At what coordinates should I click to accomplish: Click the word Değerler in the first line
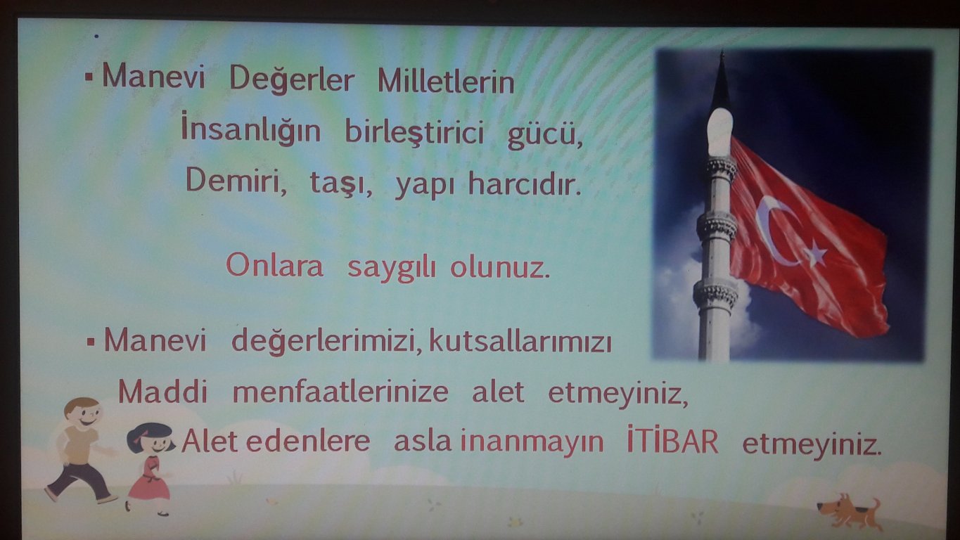pos(292,80)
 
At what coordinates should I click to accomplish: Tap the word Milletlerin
pos(446,82)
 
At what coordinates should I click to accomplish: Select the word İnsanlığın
pos(250,129)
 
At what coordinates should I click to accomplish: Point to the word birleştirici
pos(414,131)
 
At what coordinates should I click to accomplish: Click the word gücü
pos(545,136)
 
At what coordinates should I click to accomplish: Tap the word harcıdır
pos(525,184)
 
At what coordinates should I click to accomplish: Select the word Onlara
pos(274,265)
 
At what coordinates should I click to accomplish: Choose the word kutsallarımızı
pos(520,341)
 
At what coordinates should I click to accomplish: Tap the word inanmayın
pos(532,443)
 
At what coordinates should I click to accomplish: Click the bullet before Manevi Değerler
pos(89,77)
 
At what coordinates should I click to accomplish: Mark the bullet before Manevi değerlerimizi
pos(91,342)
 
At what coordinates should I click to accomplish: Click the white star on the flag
pos(815,253)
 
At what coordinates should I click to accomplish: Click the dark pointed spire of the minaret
pos(722,82)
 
